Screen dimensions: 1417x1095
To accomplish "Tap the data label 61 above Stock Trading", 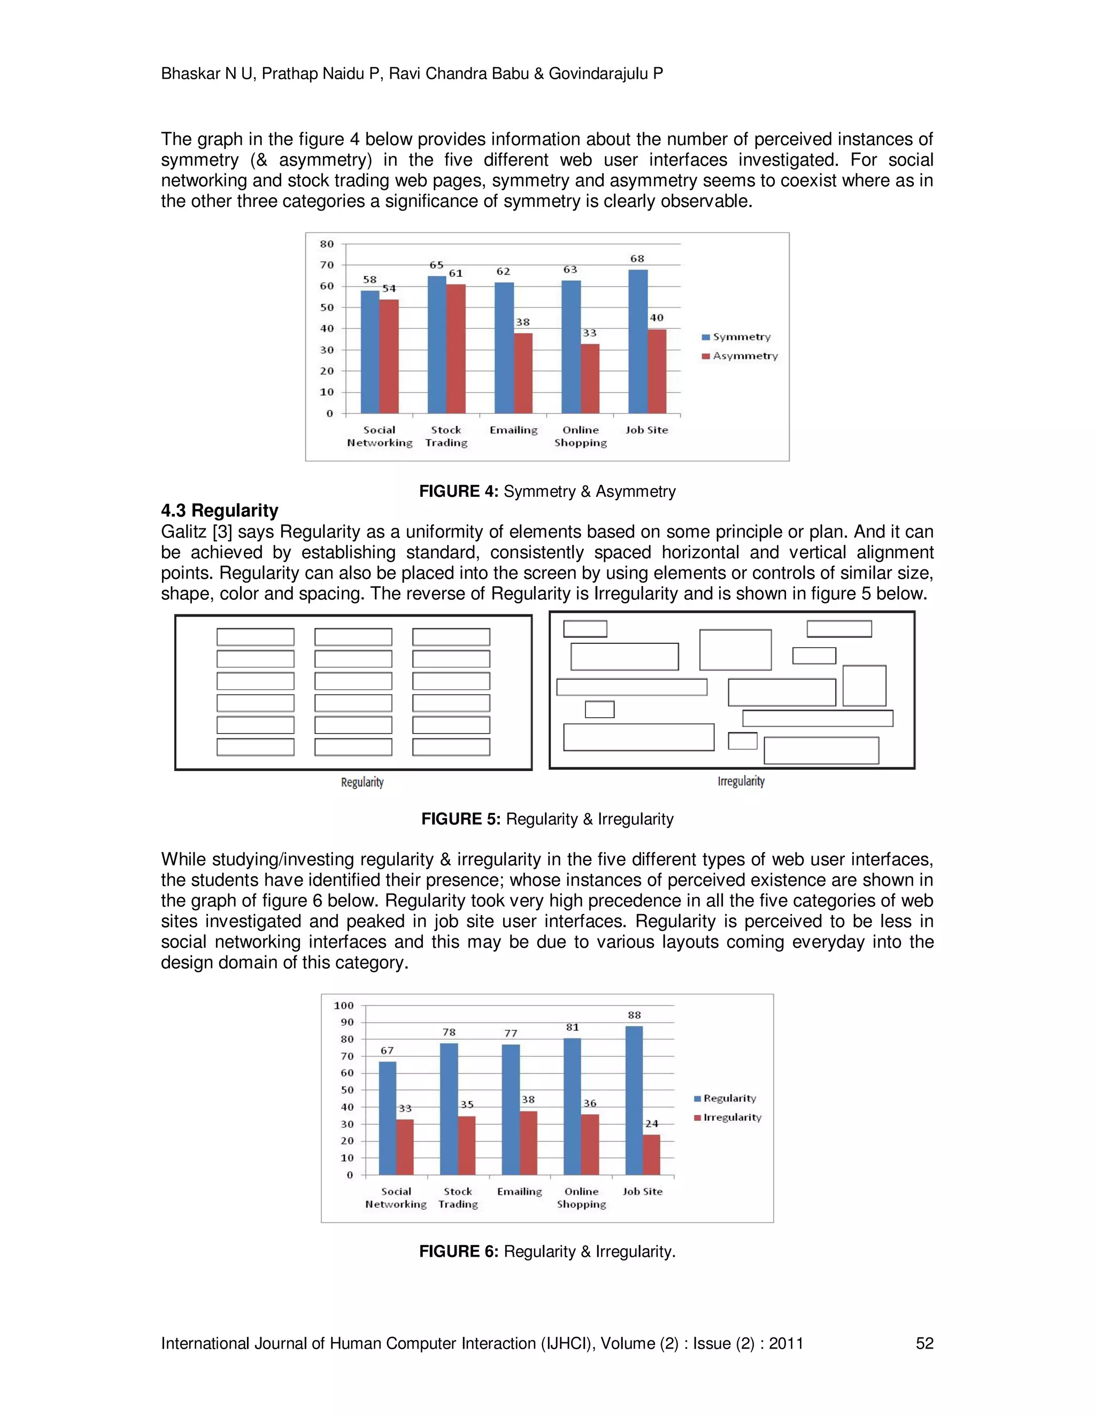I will click(456, 273).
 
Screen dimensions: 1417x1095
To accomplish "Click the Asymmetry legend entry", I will click(739, 356).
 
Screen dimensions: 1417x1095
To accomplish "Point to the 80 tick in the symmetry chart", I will click(327, 244).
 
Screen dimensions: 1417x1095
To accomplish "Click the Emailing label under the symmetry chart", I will click(513, 429).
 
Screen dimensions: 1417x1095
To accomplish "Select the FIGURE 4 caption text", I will click(547, 491).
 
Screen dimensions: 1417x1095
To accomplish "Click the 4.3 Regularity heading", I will click(219, 511).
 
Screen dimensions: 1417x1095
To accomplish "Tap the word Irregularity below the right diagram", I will click(741, 781).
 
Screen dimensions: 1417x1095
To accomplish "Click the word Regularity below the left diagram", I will click(362, 782).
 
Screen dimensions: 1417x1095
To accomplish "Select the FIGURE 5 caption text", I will click(547, 819).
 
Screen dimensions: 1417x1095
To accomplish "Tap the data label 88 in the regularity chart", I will click(635, 1015).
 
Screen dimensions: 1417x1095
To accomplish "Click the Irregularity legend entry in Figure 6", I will click(727, 1117).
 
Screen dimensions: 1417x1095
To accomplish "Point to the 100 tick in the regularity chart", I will click(344, 1006).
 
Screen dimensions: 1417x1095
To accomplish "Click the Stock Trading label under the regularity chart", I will click(458, 1197).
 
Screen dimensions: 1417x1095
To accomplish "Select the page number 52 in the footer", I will click(924, 1343).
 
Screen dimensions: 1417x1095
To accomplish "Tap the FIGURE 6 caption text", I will click(547, 1252).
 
